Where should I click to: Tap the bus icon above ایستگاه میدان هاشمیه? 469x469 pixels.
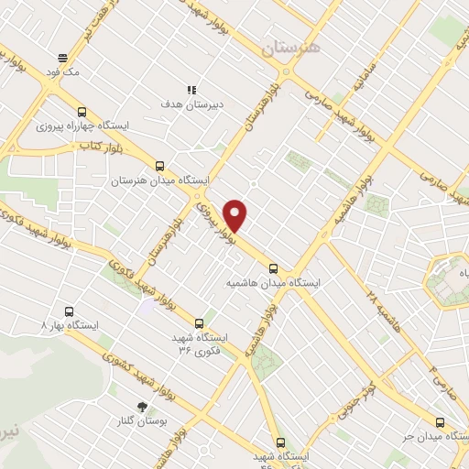tap(274, 268)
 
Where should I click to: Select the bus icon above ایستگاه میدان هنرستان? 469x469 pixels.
tap(160, 166)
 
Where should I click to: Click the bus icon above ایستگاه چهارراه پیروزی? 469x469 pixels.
tap(83, 107)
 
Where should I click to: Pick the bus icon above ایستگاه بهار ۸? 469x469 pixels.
tap(65, 311)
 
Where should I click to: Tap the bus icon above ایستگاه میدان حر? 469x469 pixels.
tap(441, 422)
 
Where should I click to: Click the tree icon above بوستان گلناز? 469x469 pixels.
tap(141, 406)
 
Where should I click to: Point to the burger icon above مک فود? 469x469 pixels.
tap(62, 55)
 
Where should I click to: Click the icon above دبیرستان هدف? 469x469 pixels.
tap(192, 89)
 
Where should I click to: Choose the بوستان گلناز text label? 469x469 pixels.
tap(142, 421)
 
